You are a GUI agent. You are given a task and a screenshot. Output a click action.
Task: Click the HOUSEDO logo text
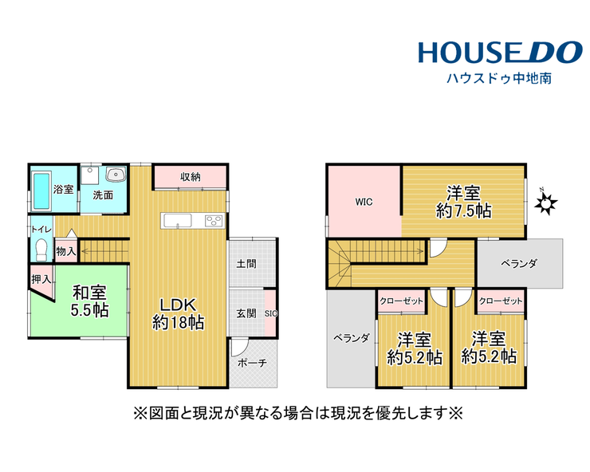pos(501,53)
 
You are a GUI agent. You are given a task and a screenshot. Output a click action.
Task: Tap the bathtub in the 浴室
pos(41,191)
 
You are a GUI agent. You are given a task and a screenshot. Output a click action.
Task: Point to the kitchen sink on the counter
pos(176,221)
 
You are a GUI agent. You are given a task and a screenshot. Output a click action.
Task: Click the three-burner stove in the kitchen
pos(214,221)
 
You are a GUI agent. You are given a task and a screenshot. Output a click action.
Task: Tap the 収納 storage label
pos(190,176)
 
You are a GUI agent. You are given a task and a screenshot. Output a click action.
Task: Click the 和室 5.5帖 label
pos(89,301)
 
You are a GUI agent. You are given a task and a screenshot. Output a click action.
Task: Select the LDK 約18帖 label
pos(178,313)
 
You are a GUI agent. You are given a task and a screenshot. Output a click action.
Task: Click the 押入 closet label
pos(41,279)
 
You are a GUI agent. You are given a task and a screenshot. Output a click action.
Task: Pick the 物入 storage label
pos(66,251)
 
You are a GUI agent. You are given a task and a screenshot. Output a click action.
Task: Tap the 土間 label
pos(246,264)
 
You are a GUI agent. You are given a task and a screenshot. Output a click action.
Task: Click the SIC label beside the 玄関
pos(271,313)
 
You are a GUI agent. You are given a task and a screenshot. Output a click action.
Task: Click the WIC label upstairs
pos(364,203)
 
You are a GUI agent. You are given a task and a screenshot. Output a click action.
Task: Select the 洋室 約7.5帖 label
pos(463,203)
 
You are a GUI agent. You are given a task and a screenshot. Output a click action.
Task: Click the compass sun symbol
pos(545,203)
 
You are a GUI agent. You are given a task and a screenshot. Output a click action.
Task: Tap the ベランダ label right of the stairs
pos(519,264)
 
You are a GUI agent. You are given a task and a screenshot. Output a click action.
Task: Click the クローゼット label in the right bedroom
pos(501,301)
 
